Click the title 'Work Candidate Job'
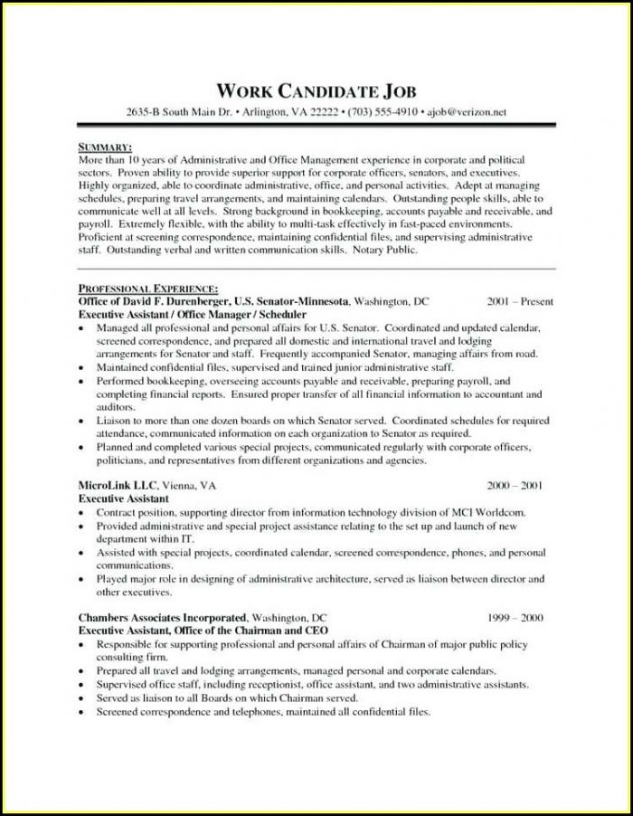[x=316, y=91]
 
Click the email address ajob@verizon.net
[x=467, y=112]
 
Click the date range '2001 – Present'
[x=520, y=300]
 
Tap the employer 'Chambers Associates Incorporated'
[x=162, y=617]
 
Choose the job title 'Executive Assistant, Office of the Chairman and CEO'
[x=203, y=630]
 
